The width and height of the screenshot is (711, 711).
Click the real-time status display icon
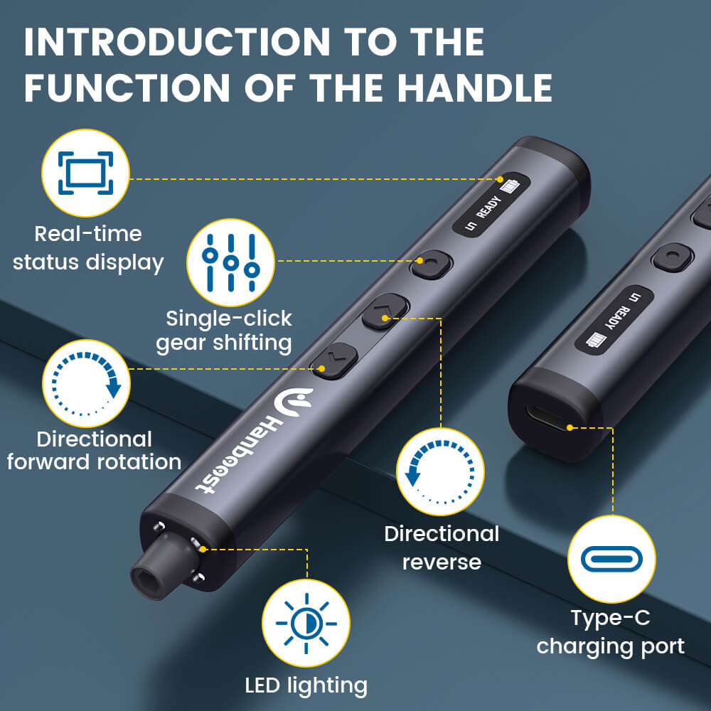tap(86, 173)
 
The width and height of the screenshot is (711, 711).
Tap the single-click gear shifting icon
tap(230, 261)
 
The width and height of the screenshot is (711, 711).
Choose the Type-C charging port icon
tap(611, 560)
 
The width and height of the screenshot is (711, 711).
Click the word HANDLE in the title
tap(474, 87)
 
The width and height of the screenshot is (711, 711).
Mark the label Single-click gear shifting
tap(224, 330)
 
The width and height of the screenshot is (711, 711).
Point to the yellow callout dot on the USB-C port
tap(570, 427)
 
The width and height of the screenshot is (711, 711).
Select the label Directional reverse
tap(442, 547)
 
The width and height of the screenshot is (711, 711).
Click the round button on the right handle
tap(672, 257)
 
